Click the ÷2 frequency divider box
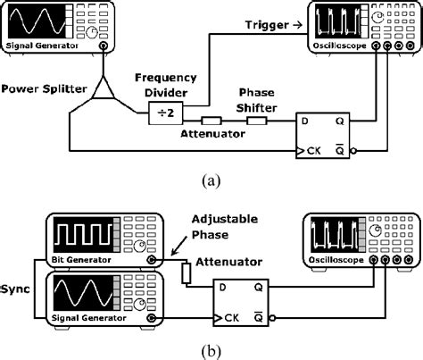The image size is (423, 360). coord(163,112)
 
